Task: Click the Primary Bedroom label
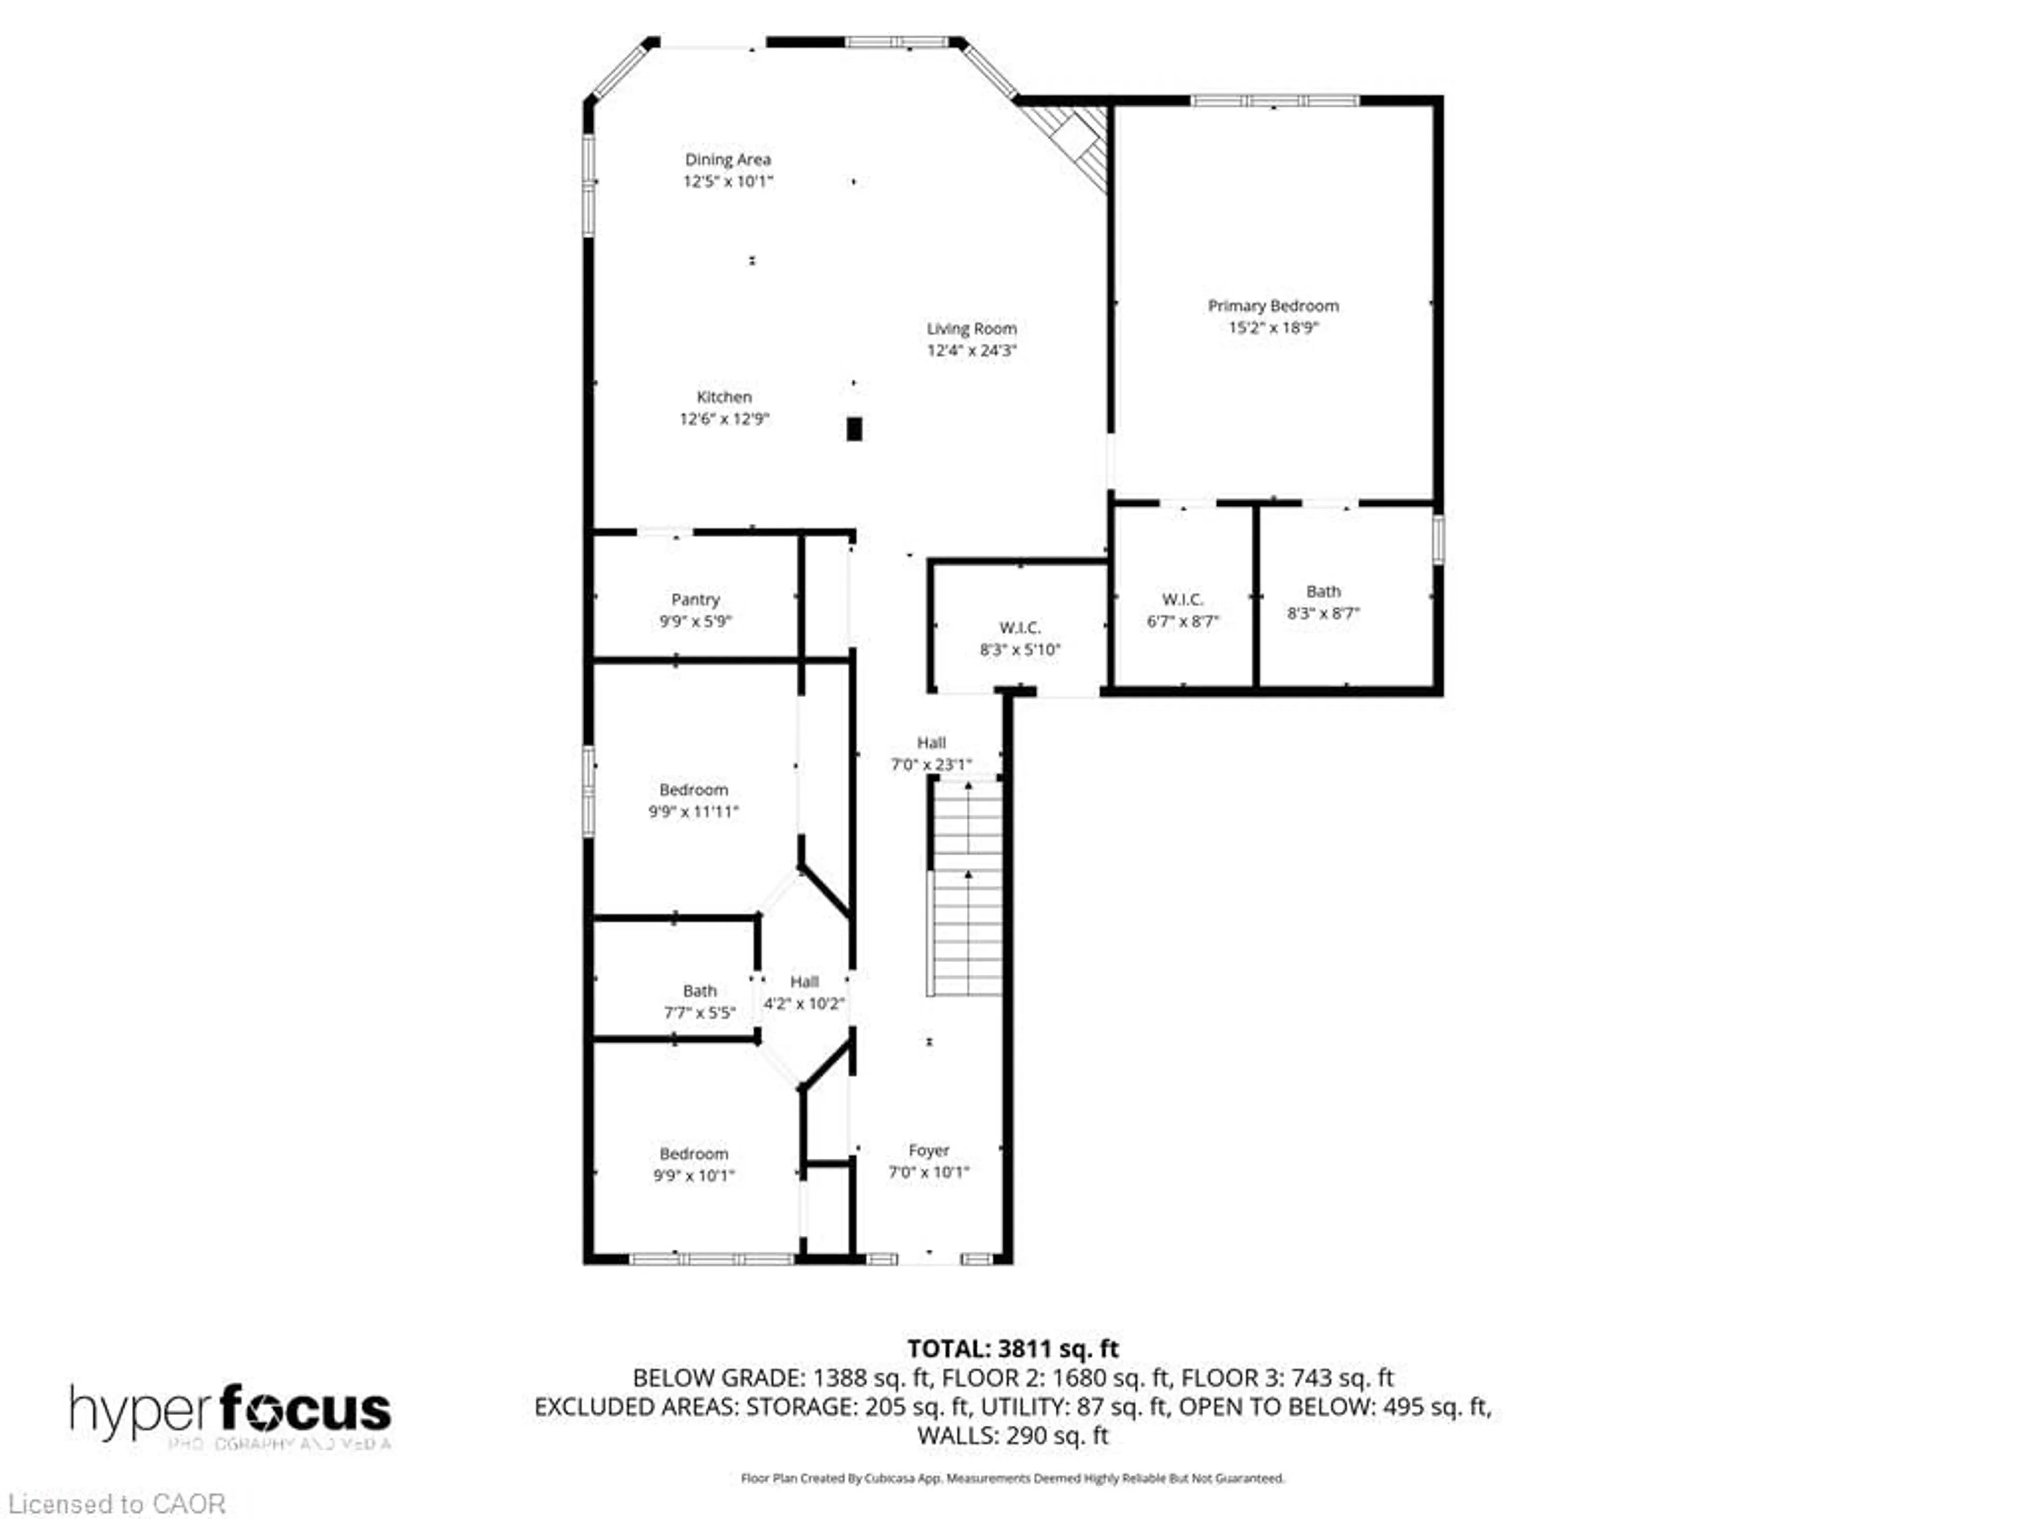pos(1272,306)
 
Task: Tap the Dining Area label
pos(728,159)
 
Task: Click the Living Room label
pos(971,328)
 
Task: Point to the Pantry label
pos(695,600)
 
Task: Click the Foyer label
pos(928,1150)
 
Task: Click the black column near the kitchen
pos(854,428)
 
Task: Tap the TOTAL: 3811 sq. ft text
pos(1012,1349)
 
